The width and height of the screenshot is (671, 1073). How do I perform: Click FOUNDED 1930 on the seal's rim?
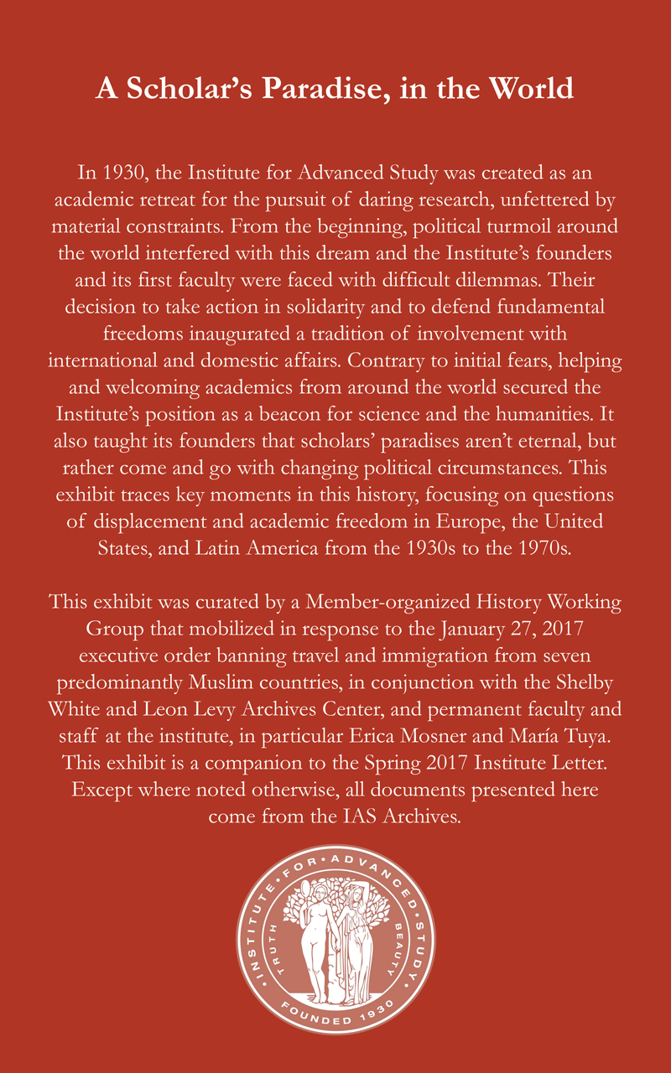[335, 1020]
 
